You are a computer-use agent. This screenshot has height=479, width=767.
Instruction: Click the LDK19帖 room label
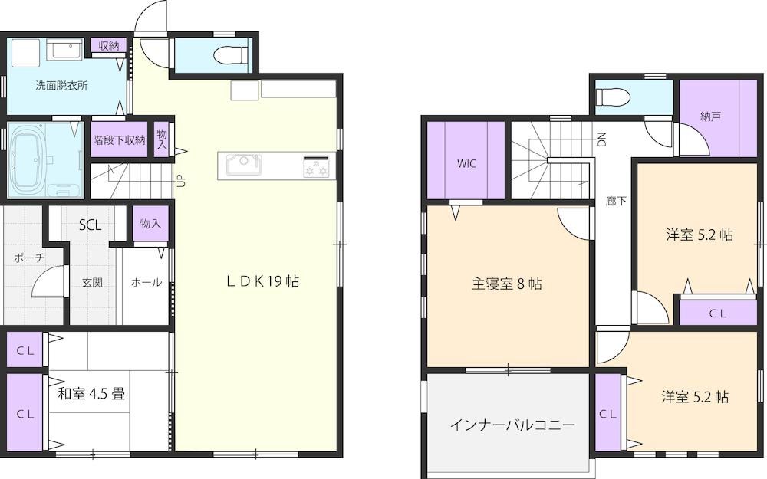pos(262,281)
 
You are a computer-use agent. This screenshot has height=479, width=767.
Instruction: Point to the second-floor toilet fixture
pos(612,95)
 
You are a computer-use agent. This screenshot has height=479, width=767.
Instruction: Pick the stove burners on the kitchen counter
pos(317,166)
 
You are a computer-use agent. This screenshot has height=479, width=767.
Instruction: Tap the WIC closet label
pos(466,164)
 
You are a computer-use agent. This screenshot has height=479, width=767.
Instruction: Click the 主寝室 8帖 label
pos(506,284)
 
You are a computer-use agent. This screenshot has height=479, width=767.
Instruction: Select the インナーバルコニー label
pos(512,425)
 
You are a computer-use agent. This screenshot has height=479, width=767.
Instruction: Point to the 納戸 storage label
pos(711,116)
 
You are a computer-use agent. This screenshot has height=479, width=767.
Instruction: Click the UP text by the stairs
pos(180,182)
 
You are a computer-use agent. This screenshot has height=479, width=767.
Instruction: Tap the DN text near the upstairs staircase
pos(602,139)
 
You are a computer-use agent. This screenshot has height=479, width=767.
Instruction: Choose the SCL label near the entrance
pos(91,225)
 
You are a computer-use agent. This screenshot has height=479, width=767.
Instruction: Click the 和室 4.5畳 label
pos(91,393)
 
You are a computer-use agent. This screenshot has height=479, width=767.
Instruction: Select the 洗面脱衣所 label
pos(61,86)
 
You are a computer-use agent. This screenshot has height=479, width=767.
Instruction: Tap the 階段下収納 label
pos(120,140)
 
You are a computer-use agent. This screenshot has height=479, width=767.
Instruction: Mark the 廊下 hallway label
pos(616,201)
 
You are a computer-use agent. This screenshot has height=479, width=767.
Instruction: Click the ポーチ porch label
pos(29,258)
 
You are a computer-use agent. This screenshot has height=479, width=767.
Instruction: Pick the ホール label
pos(146,282)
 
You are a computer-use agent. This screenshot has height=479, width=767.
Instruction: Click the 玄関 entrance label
pos(92,283)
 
